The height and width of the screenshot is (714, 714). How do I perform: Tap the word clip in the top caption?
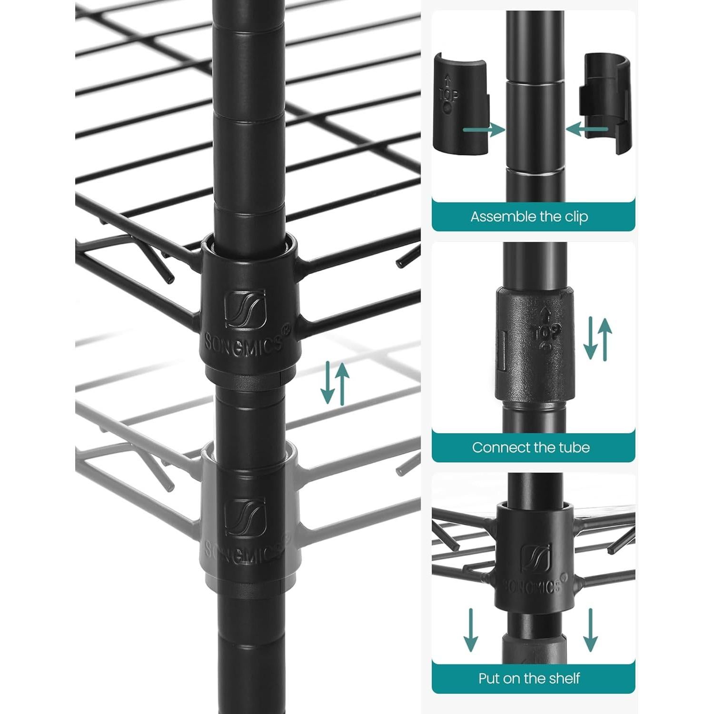coord(576,217)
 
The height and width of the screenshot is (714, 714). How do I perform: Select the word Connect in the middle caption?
coord(500,448)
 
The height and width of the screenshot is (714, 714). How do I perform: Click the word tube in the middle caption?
coord(575,448)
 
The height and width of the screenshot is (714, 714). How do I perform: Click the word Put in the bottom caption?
coord(488,678)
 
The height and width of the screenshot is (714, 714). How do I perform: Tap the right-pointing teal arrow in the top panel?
coord(483,129)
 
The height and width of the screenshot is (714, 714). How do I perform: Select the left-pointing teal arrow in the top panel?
coord(587,129)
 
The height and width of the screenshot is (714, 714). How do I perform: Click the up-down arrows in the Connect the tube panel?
coord(597,339)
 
